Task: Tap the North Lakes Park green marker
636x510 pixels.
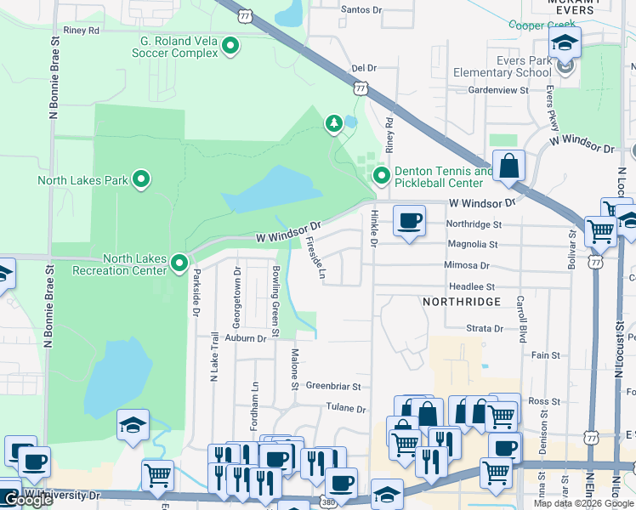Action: [x=142, y=180]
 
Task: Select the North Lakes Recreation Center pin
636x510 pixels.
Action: [x=179, y=264]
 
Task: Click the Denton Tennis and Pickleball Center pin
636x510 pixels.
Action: [x=382, y=177]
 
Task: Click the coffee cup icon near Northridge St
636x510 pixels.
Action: [x=409, y=221]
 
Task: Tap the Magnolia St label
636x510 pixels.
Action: [x=467, y=245]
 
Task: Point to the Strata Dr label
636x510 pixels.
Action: [x=485, y=328]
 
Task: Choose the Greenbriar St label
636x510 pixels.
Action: [x=333, y=386]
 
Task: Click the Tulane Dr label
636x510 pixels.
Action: [x=345, y=408]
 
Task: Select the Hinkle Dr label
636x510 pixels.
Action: [x=373, y=230]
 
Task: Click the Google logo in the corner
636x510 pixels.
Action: [x=28, y=500]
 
